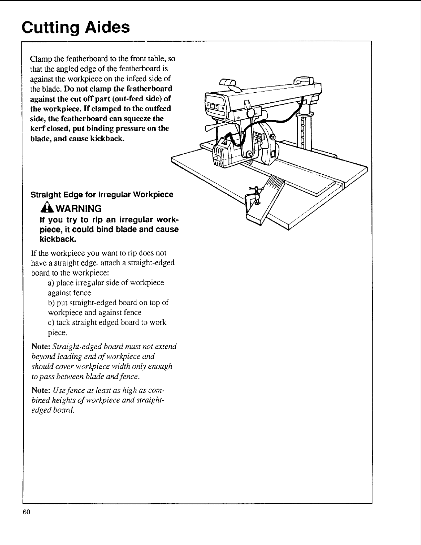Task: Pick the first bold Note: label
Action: pos(40,346)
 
